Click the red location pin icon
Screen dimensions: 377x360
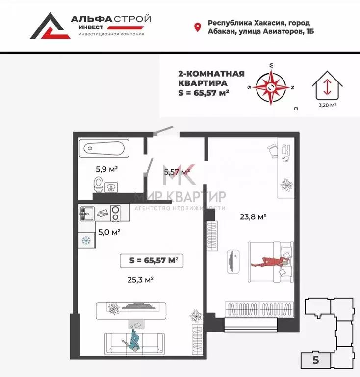[198, 27]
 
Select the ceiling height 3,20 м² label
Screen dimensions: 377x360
[327, 105]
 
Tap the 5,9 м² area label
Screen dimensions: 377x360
[106, 169]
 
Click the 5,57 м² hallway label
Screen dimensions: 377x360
[177, 172]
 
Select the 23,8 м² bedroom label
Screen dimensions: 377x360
[253, 216]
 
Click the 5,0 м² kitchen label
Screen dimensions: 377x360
[109, 232]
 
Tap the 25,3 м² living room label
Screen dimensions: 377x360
[141, 280]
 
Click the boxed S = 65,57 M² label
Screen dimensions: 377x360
[152, 261]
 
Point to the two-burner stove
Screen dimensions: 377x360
[116, 213]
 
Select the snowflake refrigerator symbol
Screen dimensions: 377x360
[85, 241]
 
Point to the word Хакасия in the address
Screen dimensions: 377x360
[267, 23]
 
